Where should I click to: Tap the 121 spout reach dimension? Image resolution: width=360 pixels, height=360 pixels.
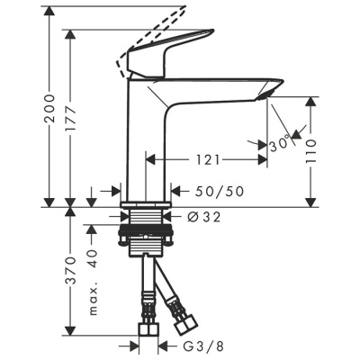pyautogui.click(x=204, y=159)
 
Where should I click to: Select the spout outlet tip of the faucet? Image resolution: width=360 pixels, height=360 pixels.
pyautogui.click(x=265, y=92)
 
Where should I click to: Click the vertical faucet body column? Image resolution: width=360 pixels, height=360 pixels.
pyautogui.click(x=148, y=144)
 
